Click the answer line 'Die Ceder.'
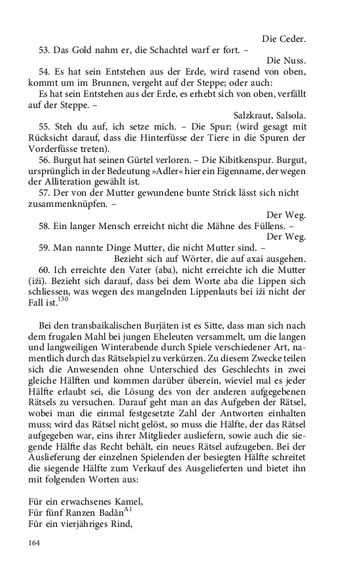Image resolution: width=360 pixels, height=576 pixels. point(284,39)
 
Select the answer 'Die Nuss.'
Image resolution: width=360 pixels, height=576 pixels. point(287,61)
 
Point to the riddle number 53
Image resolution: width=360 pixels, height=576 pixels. point(45,50)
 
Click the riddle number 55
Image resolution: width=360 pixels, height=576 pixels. point(45,126)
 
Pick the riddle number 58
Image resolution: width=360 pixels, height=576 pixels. point(45,225)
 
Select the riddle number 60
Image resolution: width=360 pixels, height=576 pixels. point(45,268)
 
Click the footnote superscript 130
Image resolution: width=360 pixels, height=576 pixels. point(62,299)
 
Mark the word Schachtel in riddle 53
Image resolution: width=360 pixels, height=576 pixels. point(177,50)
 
